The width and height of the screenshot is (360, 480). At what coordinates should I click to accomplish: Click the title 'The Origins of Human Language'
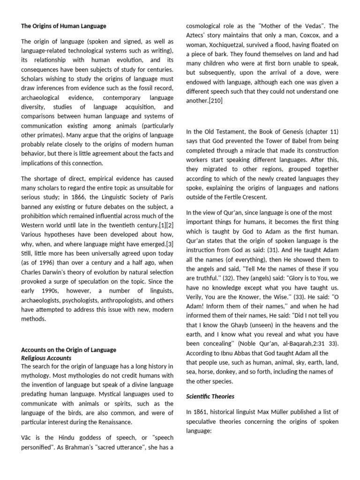64,26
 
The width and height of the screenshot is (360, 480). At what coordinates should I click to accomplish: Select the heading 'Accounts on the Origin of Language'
69,350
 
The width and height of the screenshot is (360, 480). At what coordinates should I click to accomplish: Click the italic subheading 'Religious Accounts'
46,358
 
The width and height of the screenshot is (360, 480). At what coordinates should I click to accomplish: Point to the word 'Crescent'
251,197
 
